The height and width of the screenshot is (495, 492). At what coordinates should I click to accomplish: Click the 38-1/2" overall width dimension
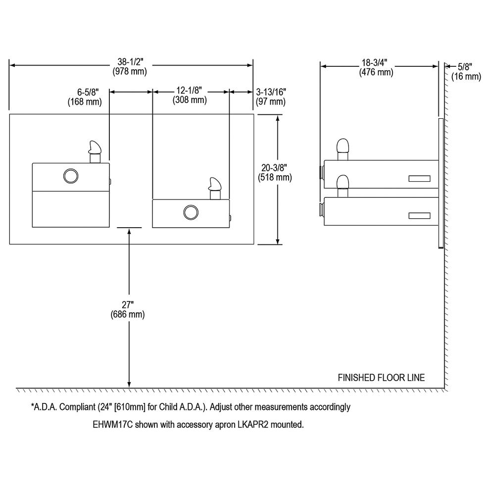point(131,62)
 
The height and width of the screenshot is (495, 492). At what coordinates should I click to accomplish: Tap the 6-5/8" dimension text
point(85,93)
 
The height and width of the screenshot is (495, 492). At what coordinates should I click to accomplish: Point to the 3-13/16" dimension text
point(271,93)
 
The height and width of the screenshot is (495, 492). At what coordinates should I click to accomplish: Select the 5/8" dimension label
point(465,66)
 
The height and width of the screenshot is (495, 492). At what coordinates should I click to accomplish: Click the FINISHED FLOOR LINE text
point(381,378)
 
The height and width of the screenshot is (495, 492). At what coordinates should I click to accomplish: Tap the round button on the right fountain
point(190,212)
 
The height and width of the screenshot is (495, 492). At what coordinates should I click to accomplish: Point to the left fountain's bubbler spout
point(94,150)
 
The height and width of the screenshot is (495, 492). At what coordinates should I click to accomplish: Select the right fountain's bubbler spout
point(215,188)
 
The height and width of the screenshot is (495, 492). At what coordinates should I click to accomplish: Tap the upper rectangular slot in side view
point(419,178)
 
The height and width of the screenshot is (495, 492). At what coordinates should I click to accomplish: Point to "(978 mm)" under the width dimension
point(131,71)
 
